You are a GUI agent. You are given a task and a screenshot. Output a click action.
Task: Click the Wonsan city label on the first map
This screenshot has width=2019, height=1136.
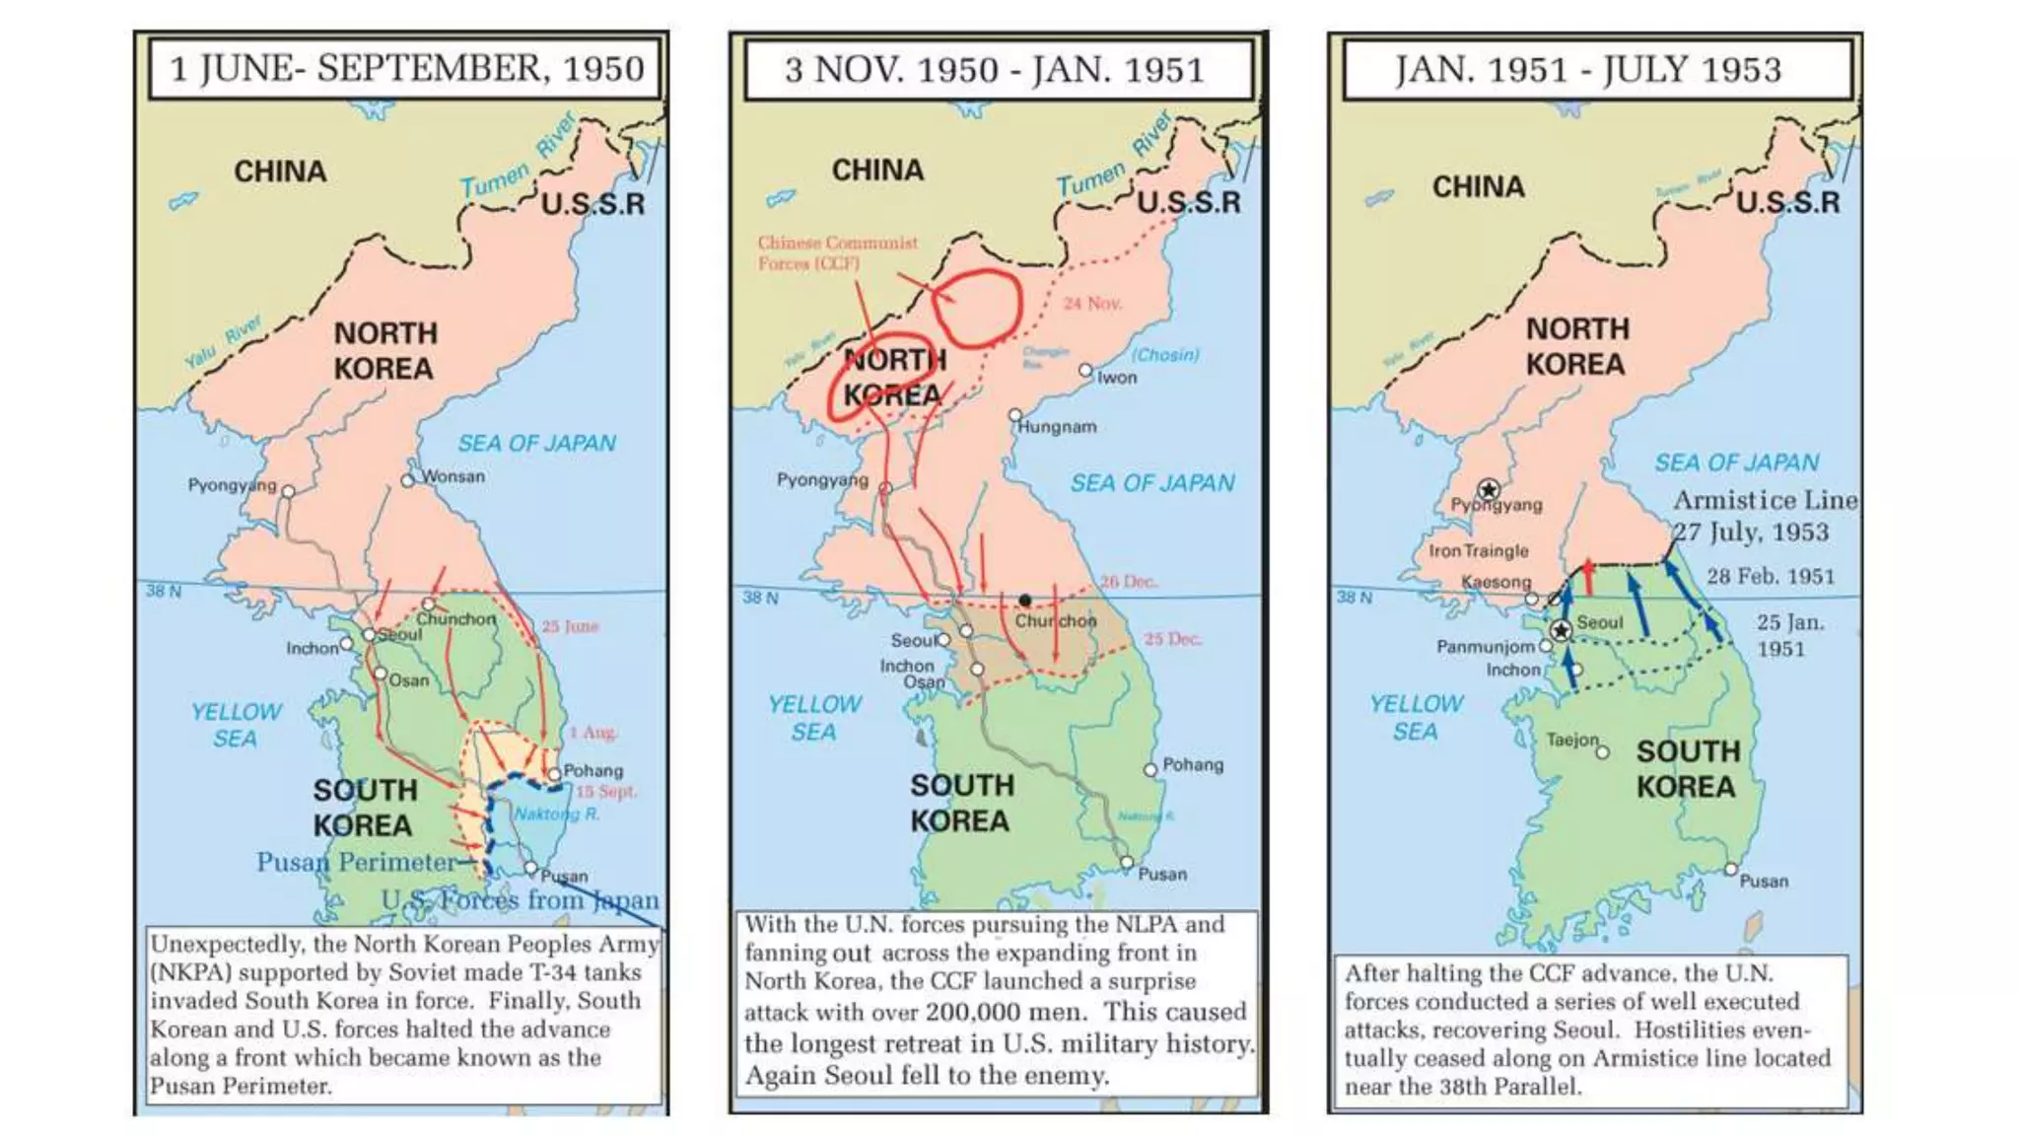[453, 476]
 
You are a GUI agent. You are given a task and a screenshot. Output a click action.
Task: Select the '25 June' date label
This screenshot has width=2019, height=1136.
[570, 626]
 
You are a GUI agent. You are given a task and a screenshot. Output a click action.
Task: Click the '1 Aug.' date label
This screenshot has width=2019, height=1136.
[592, 732]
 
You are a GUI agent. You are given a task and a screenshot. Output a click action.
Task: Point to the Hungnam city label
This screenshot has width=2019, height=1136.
[1057, 427]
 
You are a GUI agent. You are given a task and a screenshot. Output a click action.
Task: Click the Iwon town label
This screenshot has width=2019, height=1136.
[1117, 378]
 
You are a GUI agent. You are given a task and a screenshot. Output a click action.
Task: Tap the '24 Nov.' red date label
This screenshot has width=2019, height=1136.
[1092, 304]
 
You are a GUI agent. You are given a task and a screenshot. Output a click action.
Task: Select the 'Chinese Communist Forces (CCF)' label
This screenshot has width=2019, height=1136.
[837, 252]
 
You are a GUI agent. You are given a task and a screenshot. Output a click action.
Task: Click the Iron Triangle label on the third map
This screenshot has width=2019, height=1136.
[1479, 551]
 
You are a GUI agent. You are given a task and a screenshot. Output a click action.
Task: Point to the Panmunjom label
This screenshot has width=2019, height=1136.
[1485, 647]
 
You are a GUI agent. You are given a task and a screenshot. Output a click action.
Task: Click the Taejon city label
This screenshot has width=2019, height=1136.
[1572, 740]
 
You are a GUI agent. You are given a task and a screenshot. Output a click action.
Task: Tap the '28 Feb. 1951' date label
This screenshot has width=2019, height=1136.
[1771, 577]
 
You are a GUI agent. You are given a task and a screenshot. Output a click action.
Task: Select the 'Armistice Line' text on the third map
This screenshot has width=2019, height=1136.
[1765, 501]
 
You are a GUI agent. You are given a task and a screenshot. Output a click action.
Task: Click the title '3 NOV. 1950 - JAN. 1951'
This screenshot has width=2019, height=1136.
[994, 70]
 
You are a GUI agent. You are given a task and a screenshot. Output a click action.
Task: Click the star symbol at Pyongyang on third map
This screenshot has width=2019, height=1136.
[1489, 489]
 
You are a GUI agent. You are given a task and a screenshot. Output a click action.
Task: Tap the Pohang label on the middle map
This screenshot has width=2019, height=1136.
[1193, 764]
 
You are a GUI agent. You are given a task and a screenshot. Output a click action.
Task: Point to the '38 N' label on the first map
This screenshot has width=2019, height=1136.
[164, 591]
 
